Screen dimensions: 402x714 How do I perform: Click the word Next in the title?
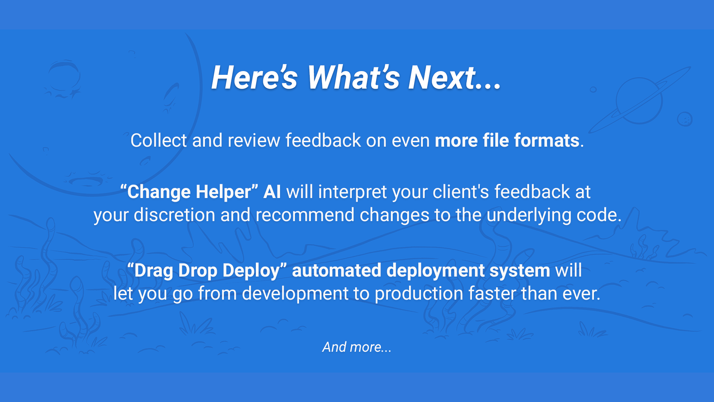click(x=443, y=78)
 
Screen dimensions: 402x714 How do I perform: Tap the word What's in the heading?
click(x=353, y=78)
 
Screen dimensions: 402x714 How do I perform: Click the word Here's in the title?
click(x=254, y=78)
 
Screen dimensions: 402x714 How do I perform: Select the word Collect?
click(x=158, y=141)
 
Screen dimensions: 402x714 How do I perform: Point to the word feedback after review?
click(x=323, y=141)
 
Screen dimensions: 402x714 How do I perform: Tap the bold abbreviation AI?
click(x=272, y=192)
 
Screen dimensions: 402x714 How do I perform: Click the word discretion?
click(x=174, y=215)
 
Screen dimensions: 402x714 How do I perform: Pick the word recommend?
click(x=305, y=215)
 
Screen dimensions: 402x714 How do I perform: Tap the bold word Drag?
click(x=154, y=271)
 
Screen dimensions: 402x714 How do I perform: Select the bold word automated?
click(x=337, y=270)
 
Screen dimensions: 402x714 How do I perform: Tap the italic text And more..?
click(x=357, y=347)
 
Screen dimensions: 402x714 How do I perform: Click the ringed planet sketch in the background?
click(x=639, y=100)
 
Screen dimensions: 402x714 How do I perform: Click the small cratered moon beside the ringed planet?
click(x=685, y=119)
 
